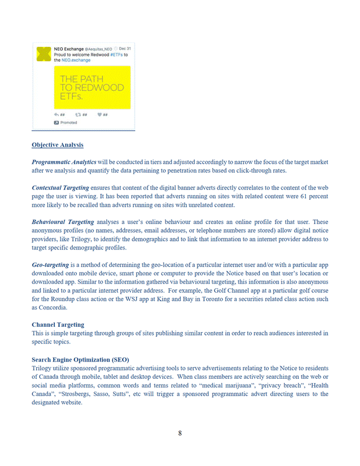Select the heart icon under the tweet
99,114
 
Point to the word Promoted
69,122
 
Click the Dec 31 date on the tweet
125,49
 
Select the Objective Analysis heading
57,145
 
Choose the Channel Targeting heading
58,325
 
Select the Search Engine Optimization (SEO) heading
80,359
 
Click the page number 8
180,433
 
